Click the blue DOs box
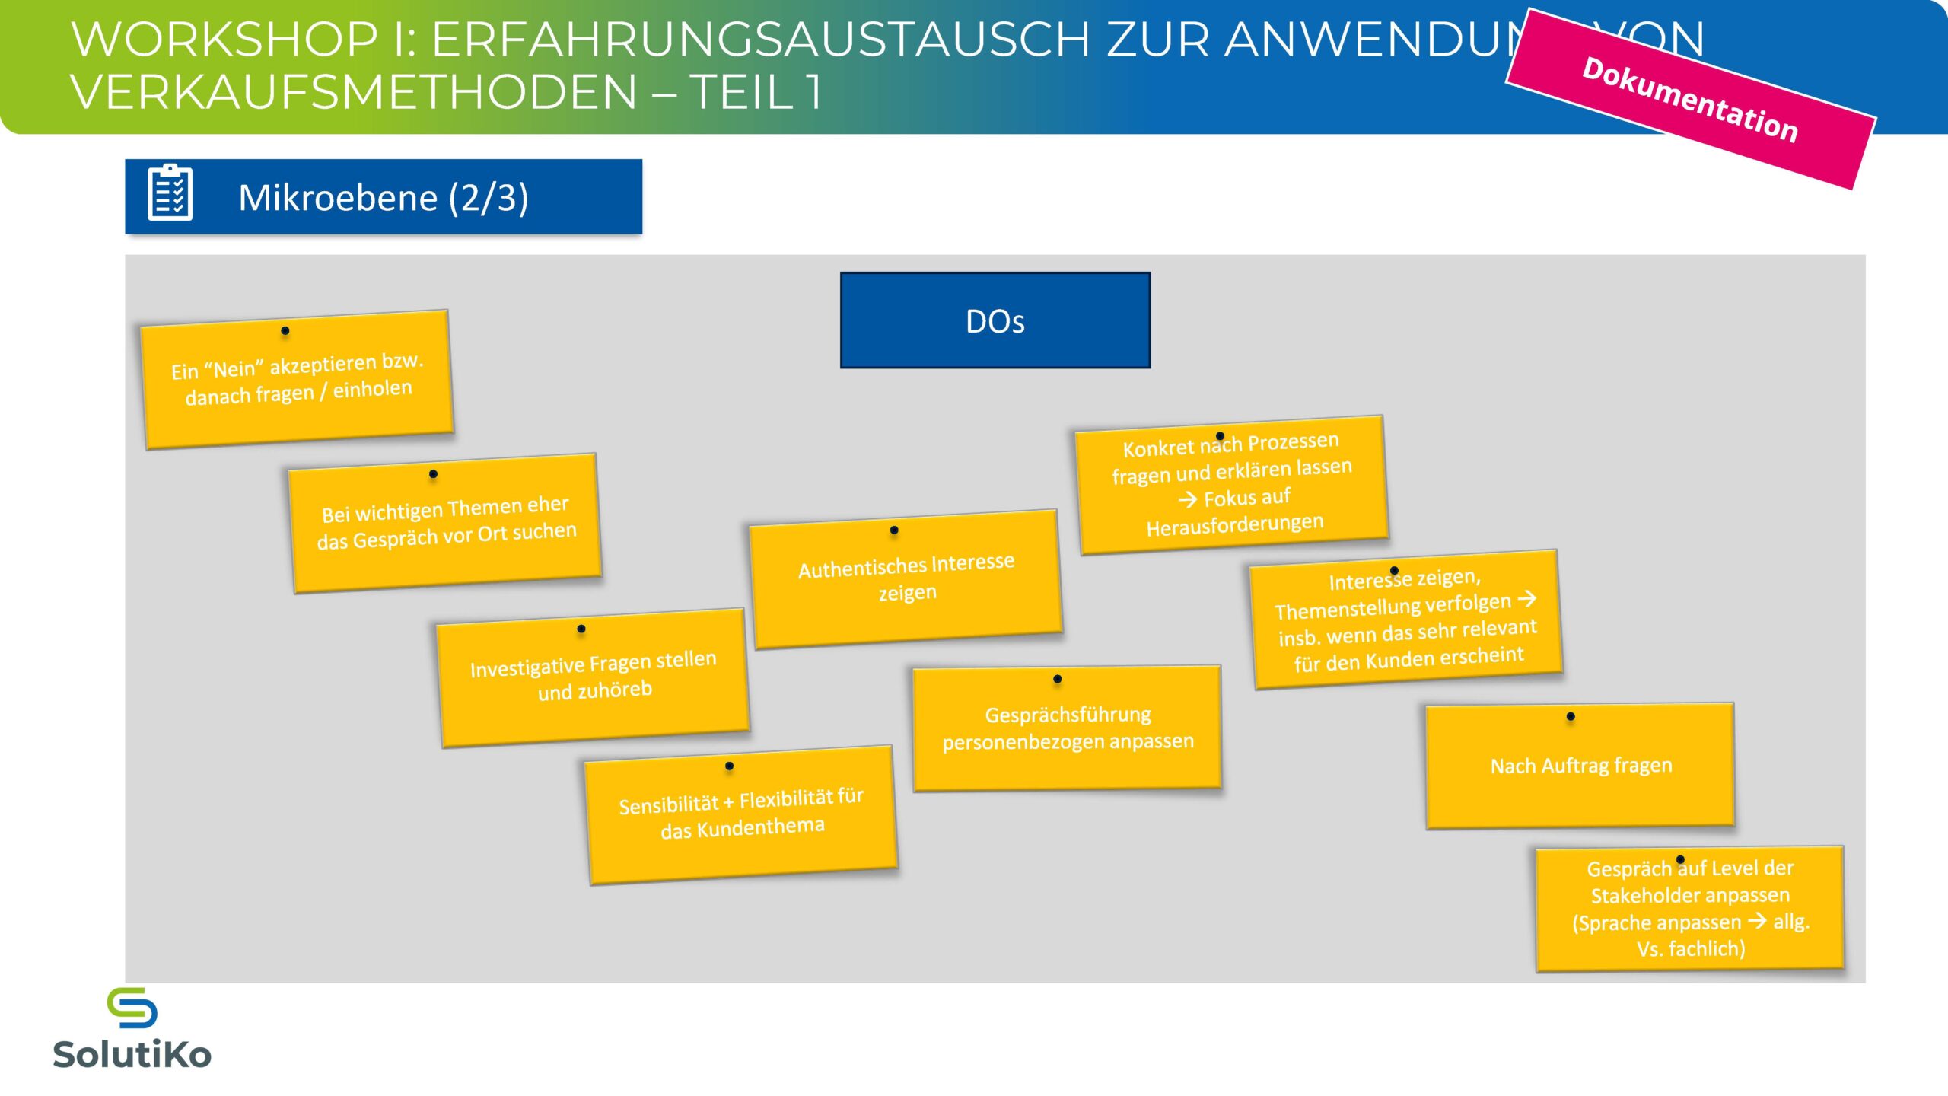tap(995, 320)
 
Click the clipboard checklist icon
tap(170, 193)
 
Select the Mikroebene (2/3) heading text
tap(384, 198)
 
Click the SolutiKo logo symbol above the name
tap(132, 1008)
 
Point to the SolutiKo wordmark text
tap(132, 1055)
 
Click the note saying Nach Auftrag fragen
tap(1580, 766)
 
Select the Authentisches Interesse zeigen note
tap(906, 578)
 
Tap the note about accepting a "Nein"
tap(297, 379)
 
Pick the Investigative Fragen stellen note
tap(593, 677)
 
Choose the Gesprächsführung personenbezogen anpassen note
tap(1068, 728)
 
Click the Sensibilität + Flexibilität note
tap(741, 814)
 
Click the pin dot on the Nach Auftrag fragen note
tap(1571, 716)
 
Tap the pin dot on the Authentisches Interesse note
tap(894, 530)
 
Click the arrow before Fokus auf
tap(1188, 500)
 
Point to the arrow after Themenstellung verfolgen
tap(1526, 599)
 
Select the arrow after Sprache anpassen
tap(1757, 921)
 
